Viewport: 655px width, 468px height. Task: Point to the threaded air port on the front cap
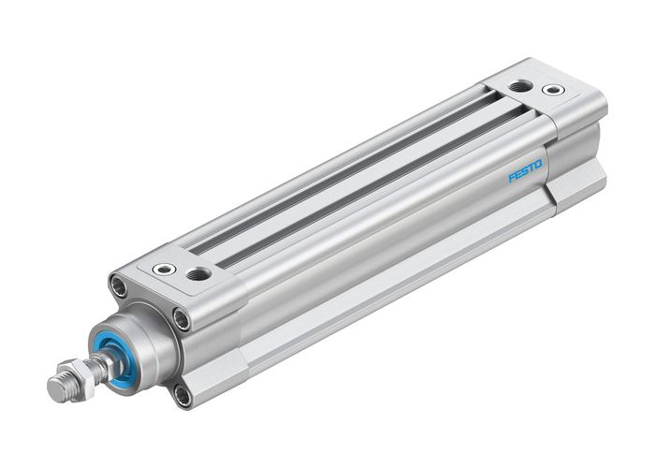tap(198, 275)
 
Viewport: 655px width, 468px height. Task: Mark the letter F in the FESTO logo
tap(512, 178)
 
